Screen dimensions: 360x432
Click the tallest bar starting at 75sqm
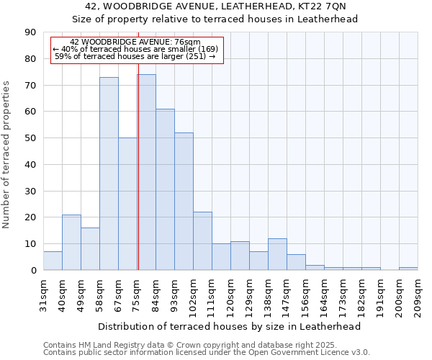click(146, 172)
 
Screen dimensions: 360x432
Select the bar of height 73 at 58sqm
click(109, 174)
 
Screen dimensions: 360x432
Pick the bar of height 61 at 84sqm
click(165, 189)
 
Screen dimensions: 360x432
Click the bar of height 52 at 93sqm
click(184, 201)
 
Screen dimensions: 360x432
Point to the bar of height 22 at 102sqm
click(202, 240)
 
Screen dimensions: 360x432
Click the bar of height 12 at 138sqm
click(277, 254)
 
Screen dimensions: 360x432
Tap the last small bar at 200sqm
click(408, 269)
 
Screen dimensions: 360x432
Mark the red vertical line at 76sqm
click(138, 166)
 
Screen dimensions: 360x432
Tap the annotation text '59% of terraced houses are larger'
click(135, 56)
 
